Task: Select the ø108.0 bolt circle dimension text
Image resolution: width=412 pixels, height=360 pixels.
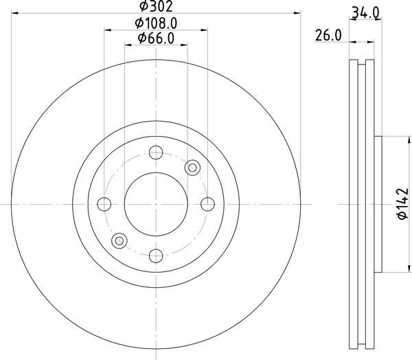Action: click(156, 23)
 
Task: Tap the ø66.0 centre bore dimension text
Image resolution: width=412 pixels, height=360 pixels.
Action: click(156, 38)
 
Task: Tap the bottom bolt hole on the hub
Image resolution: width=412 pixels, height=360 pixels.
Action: click(156, 255)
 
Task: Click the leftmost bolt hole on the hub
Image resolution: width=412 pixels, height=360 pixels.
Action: click(105, 204)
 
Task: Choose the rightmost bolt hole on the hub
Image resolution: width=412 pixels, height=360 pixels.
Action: click(207, 204)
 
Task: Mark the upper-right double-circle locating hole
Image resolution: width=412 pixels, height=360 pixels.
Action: click(192, 167)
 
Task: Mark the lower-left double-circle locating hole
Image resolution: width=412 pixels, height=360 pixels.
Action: click(120, 240)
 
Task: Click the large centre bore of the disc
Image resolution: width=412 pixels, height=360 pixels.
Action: click(156, 204)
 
